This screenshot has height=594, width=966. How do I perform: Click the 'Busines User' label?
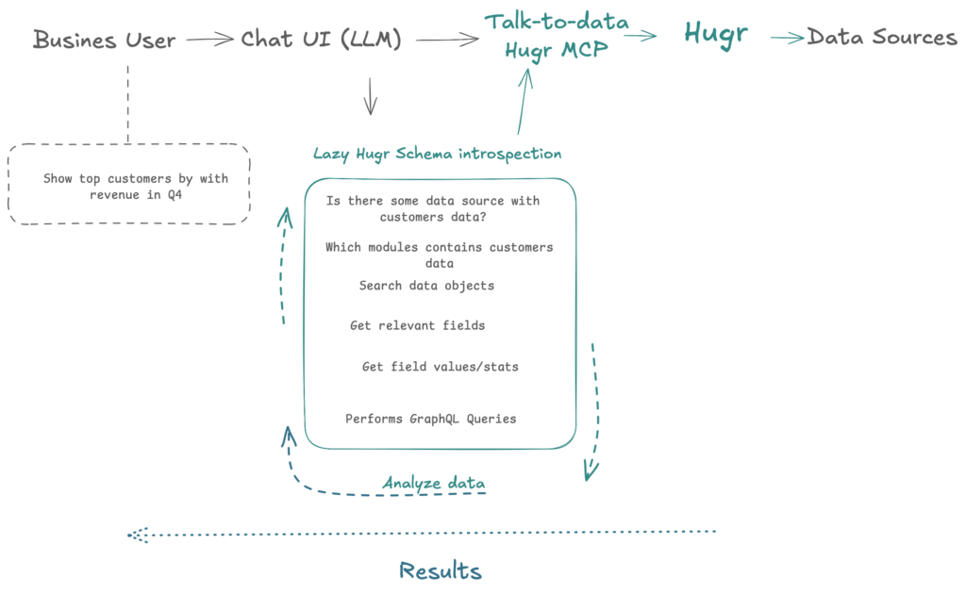click(104, 40)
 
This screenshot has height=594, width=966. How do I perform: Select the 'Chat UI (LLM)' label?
click(321, 40)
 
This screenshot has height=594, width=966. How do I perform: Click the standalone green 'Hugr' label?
click(716, 34)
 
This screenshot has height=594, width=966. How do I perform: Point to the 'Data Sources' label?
click(882, 38)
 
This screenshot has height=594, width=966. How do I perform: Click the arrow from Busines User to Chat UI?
click(208, 40)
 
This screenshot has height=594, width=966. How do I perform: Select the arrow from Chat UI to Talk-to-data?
click(447, 40)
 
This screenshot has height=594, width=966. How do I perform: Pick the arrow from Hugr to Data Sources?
click(787, 38)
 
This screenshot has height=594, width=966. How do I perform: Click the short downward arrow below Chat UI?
click(371, 95)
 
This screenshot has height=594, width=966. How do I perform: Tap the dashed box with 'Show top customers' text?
click(129, 184)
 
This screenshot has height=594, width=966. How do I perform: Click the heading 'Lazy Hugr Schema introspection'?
click(437, 154)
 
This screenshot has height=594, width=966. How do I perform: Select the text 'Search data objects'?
click(426, 286)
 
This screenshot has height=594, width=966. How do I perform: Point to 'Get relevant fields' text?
click(417, 326)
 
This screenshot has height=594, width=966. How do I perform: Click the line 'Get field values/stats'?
click(440, 367)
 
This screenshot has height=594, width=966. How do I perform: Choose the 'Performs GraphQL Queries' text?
click(430, 419)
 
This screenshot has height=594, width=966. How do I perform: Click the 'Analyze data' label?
click(434, 484)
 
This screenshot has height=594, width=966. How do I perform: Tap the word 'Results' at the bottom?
click(440, 570)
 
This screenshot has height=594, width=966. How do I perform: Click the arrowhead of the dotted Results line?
click(135, 536)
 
